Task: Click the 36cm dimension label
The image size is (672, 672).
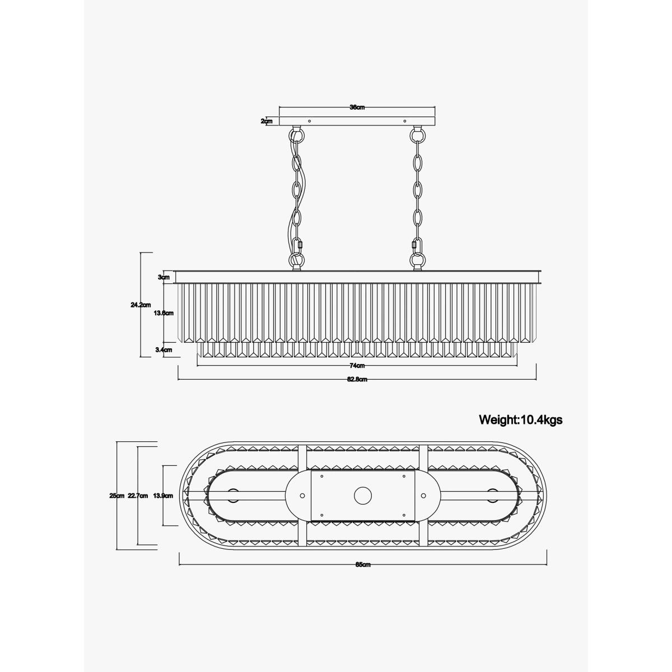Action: coord(357,108)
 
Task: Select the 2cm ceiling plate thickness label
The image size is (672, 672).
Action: coord(267,122)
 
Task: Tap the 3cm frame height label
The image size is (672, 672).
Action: coord(164,277)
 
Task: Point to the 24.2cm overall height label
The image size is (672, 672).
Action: coord(141,305)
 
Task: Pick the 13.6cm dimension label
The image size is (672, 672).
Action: coord(164,313)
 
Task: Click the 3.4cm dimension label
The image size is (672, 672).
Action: coord(164,350)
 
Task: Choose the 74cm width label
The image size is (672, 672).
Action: coord(357,366)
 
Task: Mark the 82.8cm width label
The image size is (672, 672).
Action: coord(357,380)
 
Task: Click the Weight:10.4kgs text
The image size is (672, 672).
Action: coord(521,419)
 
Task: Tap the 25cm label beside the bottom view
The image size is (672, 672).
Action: coord(117,496)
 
